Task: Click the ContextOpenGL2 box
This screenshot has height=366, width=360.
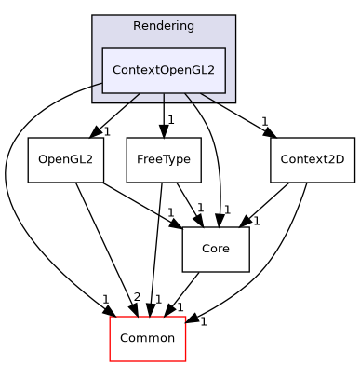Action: tap(163, 70)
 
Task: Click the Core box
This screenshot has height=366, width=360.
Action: tap(217, 249)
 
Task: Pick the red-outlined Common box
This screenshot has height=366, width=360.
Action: tap(148, 338)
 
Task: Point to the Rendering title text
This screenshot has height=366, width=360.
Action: tap(163, 26)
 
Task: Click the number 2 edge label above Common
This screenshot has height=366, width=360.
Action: tap(136, 297)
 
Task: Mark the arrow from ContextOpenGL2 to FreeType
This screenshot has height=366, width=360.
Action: tap(164, 115)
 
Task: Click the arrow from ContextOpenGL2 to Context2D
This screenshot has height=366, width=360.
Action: tap(233, 115)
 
